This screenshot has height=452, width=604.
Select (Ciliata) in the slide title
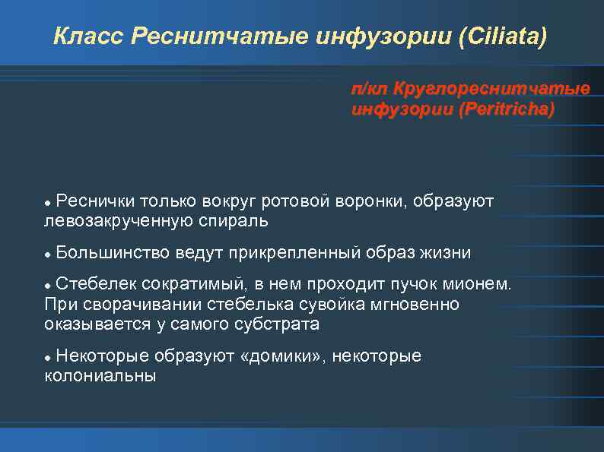[503, 36]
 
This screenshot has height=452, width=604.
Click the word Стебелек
[96, 284]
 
